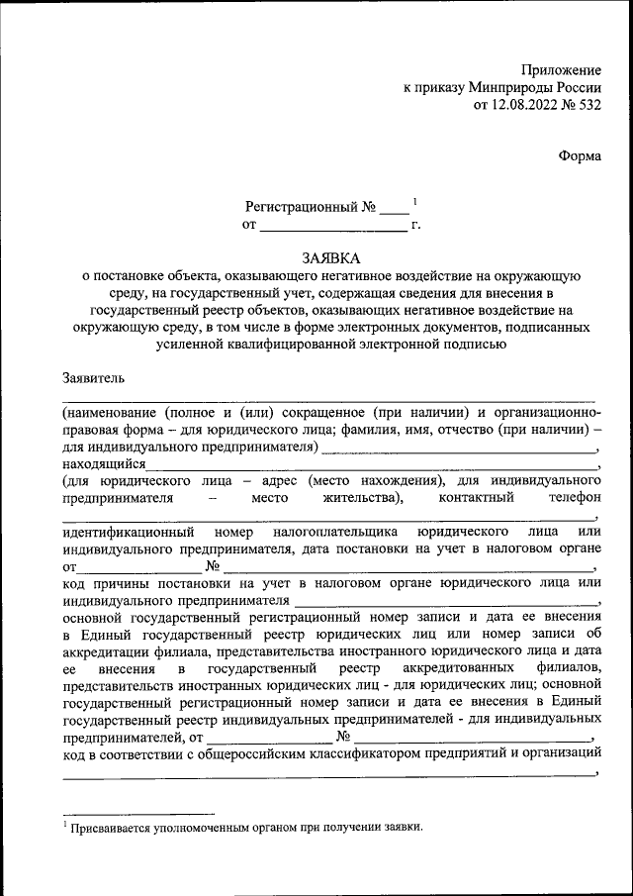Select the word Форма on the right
pos(580,156)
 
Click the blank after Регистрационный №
pos(394,212)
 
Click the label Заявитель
pos(94,377)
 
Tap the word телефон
pos(566,497)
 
